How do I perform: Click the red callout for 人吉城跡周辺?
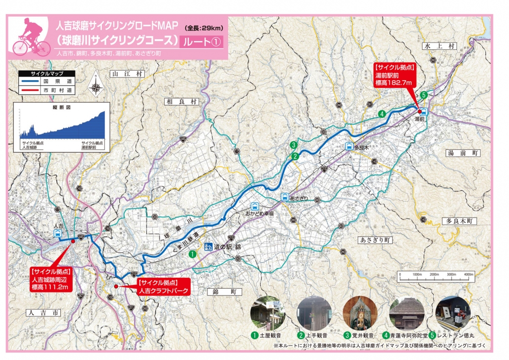[51, 279]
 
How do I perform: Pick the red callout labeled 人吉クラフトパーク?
[163, 287]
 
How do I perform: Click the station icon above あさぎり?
[285, 197]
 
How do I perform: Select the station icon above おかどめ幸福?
[254, 207]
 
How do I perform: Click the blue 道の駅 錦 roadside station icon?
[208, 246]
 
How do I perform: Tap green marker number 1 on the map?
[192, 253]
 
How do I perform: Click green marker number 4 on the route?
[382, 114]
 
